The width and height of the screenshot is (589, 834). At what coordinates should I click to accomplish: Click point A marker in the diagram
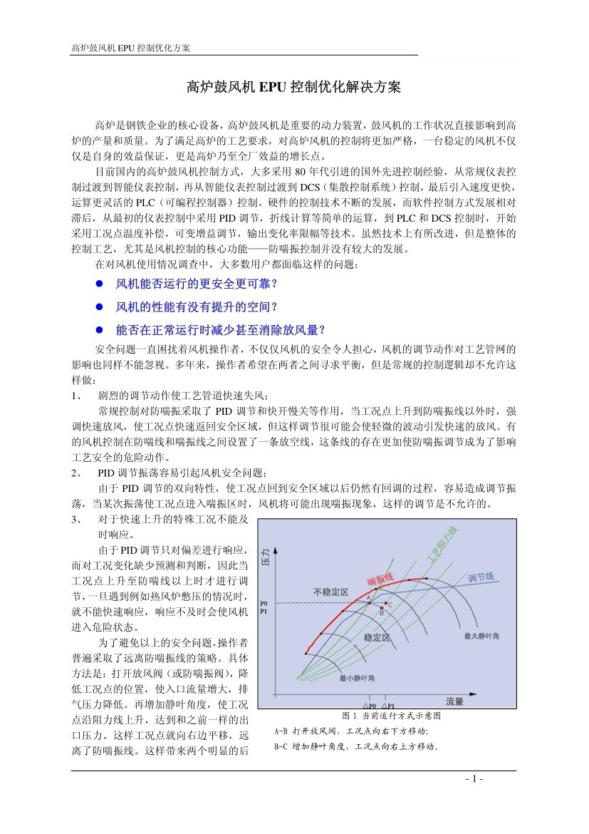click(x=369, y=603)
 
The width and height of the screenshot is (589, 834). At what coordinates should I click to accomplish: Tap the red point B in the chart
click(x=381, y=608)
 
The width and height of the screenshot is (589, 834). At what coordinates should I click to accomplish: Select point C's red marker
click(x=386, y=602)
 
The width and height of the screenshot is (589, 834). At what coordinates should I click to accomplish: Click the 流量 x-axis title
click(x=454, y=701)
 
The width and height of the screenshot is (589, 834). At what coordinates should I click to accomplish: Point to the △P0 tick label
click(x=370, y=706)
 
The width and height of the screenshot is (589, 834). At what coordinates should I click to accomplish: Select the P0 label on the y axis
click(x=263, y=603)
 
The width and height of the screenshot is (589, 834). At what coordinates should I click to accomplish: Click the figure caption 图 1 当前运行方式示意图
click(x=392, y=715)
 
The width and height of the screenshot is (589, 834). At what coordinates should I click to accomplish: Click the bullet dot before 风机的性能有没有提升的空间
click(x=100, y=307)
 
